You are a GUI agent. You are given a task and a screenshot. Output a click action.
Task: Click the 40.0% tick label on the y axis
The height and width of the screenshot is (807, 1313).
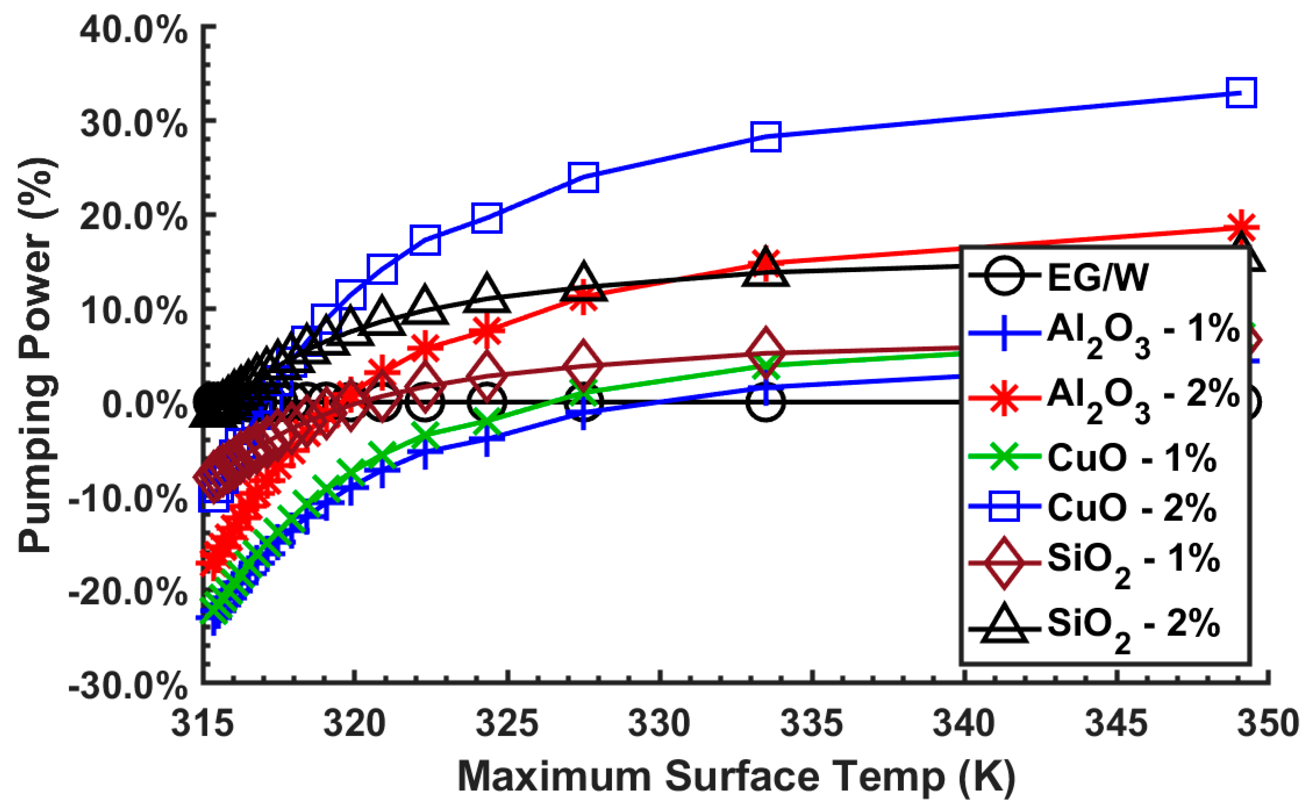click(x=133, y=32)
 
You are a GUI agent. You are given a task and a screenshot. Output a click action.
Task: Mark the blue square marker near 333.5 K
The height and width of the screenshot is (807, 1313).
click(x=766, y=137)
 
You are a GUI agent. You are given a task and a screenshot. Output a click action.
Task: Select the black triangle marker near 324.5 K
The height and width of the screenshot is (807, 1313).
click(x=486, y=295)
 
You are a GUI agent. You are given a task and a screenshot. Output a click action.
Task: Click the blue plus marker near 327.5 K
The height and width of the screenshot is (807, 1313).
click(x=583, y=412)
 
